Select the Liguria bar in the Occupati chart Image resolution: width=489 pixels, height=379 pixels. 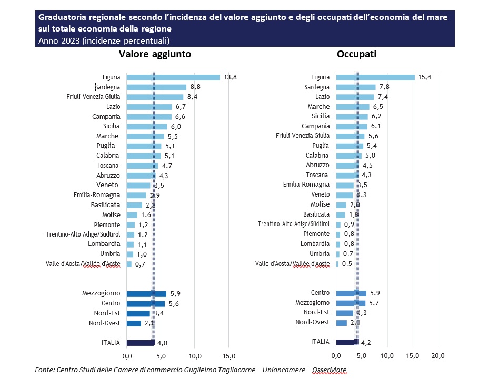tap(375, 77)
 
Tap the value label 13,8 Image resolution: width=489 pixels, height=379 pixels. tap(230, 77)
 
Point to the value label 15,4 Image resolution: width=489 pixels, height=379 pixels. tap(425, 77)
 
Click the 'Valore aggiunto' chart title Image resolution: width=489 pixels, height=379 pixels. tap(154, 54)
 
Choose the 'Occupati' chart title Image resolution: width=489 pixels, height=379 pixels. tap(356, 54)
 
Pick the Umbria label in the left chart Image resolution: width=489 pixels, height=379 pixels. tap(112, 254)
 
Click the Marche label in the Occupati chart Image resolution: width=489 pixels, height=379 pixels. tap(318, 107)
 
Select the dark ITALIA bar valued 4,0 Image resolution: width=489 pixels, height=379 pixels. tap(141, 343)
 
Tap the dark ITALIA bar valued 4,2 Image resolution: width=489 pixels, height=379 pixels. tap(347, 342)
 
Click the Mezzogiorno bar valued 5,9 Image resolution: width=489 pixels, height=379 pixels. tap(146, 294)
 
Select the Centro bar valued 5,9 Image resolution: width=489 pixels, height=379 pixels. tap(351, 293)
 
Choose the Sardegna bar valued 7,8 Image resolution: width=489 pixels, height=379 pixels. tap(356, 87)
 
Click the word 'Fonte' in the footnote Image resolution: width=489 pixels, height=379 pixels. tap(45, 370)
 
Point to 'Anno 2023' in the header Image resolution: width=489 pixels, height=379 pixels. tap(58, 40)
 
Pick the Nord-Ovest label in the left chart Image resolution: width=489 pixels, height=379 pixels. tap(105, 323)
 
